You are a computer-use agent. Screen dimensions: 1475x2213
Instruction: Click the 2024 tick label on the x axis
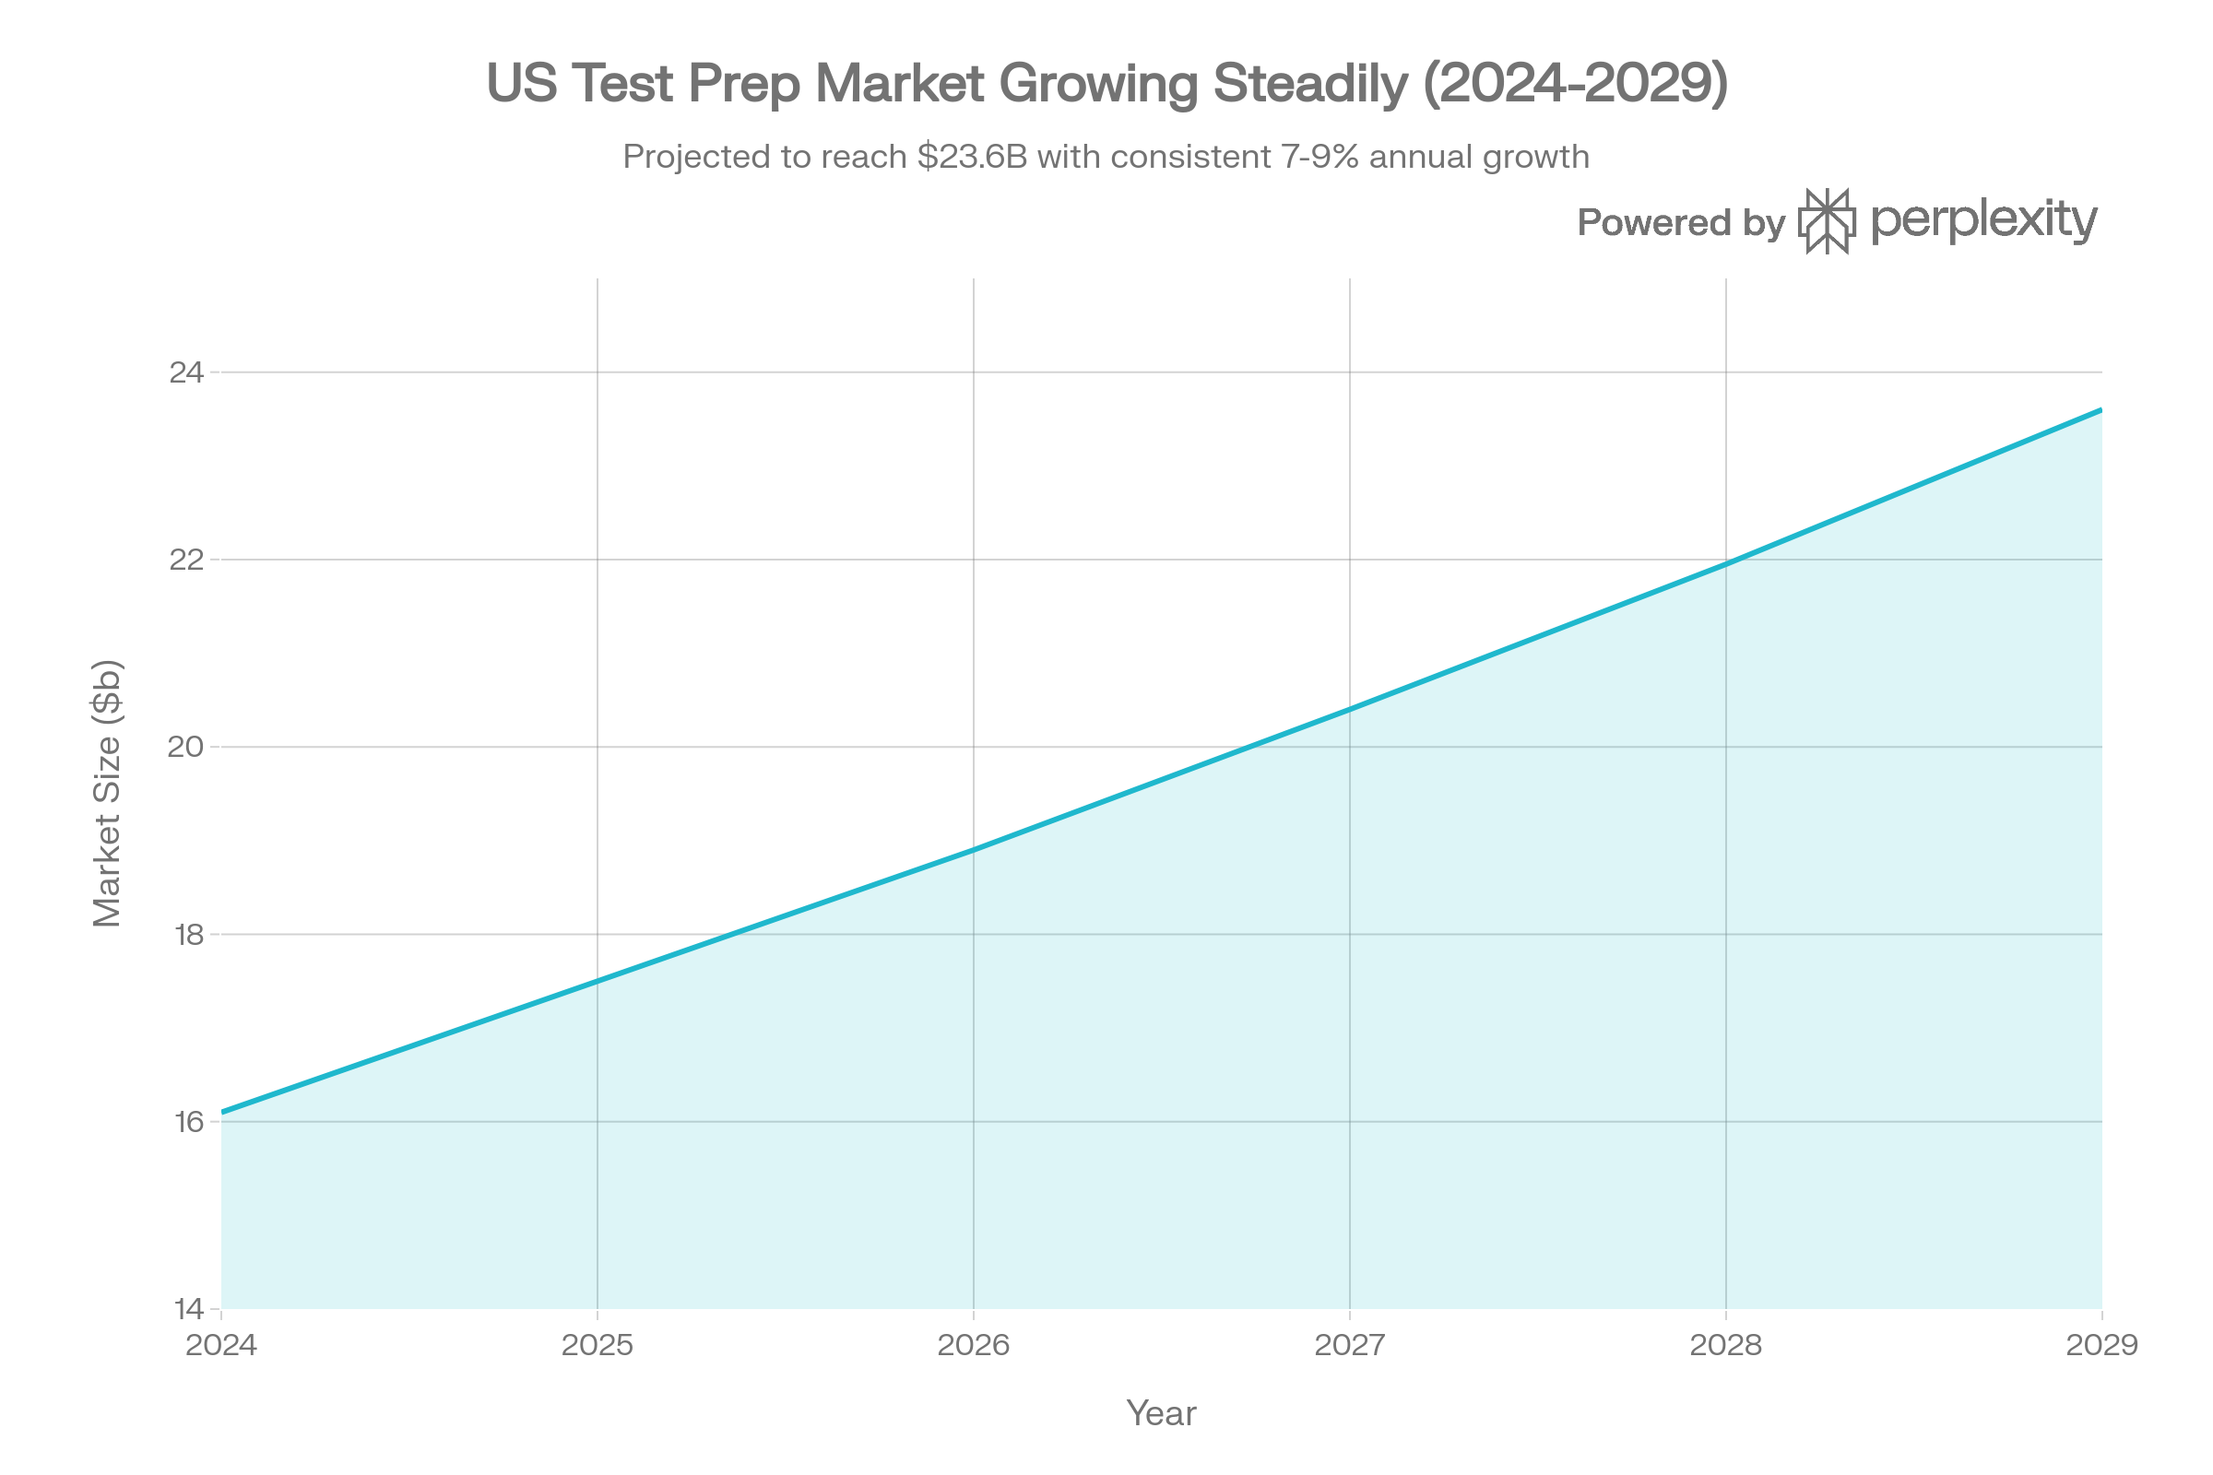(x=221, y=1345)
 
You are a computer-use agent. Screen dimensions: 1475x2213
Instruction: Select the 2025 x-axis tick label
(x=598, y=1345)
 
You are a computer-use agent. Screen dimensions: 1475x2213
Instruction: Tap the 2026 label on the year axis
(x=974, y=1345)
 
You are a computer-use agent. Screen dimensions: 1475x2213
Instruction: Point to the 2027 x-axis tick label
(x=1349, y=1345)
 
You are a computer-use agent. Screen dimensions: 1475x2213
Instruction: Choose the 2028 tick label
(x=1725, y=1345)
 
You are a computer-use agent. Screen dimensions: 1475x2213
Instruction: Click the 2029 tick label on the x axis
(x=2102, y=1345)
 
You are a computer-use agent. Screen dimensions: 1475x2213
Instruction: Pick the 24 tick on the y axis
(x=186, y=373)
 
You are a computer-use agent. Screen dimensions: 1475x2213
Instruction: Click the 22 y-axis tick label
(x=186, y=560)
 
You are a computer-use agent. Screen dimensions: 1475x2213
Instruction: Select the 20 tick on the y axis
(x=186, y=748)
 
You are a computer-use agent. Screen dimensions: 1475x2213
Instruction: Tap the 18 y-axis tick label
(x=186, y=935)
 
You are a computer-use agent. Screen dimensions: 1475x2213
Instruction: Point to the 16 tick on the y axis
(x=186, y=1122)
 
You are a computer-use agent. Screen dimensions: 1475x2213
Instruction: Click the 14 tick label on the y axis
(x=186, y=1308)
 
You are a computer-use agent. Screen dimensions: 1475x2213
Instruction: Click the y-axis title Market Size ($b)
(x=107, y=793)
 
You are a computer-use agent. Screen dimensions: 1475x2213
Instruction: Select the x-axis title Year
(x=1161, y=1413)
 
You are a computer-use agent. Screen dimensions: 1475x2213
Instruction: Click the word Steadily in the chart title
(x=1310, y=85)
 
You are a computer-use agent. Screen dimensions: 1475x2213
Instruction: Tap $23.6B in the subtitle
(x=972, y=157)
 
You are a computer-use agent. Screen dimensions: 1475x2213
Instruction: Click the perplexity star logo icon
(x=1828, y=222)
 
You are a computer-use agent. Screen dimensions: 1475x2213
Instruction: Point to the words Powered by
(x=1680, y=223)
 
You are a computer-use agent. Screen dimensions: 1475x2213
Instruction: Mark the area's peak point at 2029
(x=2101, y=408)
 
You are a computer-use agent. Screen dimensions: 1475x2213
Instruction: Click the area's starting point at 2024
(x=222, y=1110)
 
